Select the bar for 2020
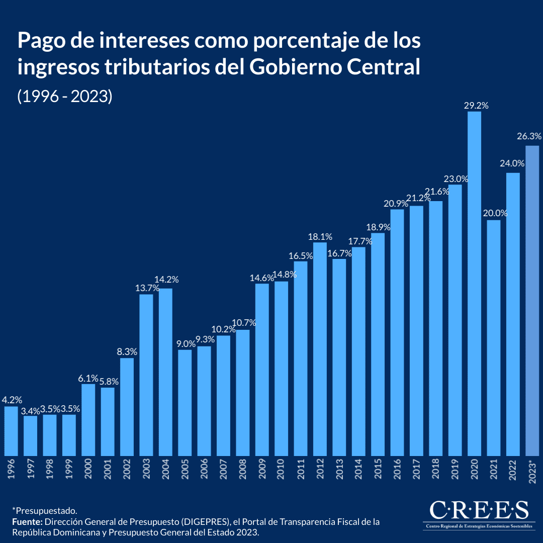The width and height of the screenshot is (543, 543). click(474, 284)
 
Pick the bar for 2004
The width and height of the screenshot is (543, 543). click(165, 372)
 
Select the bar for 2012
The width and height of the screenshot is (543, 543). click(320, 349)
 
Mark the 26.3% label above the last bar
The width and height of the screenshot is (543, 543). click(529, 136)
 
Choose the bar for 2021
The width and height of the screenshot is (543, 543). click(494, 338)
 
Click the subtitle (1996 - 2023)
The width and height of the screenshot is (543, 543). click(64, 96)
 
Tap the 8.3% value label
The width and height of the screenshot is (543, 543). click(127, 352)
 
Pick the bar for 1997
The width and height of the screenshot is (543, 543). click(30, 436)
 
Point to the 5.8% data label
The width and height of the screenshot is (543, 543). click(108, 382)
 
